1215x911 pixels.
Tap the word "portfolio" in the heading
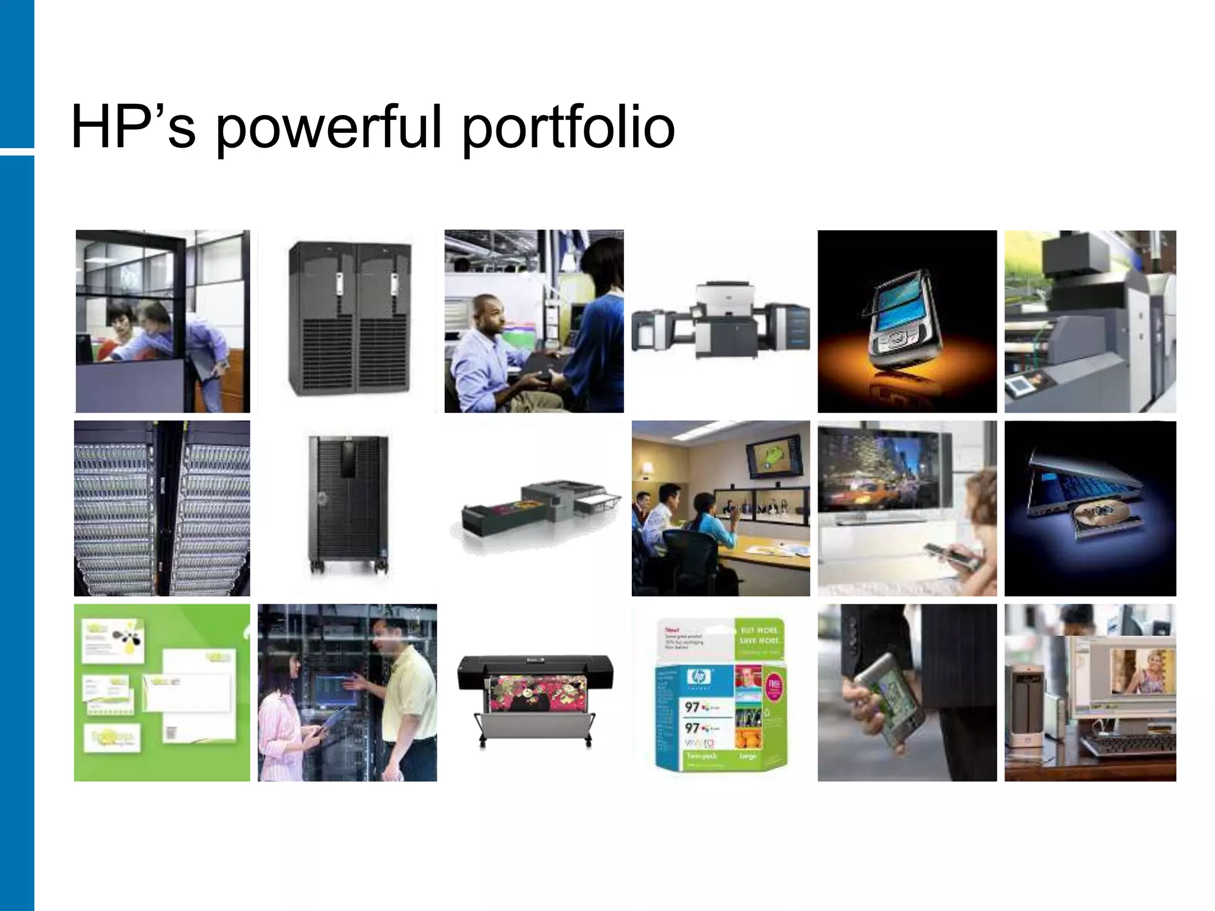point(568,128)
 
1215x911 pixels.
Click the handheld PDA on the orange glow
point(904,320)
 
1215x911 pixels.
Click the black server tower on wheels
point(348,504)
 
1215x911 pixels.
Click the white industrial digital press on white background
point(720,323)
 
